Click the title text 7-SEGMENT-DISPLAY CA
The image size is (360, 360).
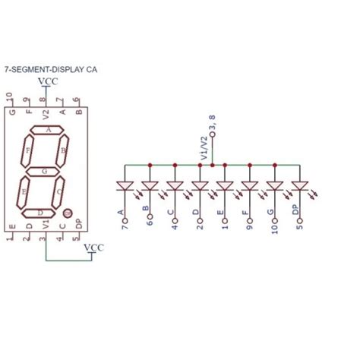pos(55,68)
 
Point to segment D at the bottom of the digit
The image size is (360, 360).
pos(40,213)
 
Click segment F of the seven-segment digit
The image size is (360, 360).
pos(28,151)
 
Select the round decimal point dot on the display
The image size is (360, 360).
pos(68,214)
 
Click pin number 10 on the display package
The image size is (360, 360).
pos(9,97)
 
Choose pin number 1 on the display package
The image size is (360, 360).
pos(9,239)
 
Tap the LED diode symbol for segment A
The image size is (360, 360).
pos(125,185)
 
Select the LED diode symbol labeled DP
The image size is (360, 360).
pos(300,185)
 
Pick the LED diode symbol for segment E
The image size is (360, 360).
pos(225,185)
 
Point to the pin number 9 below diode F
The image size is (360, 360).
pos(249,225)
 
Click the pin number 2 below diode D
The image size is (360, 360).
pos(199,225)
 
